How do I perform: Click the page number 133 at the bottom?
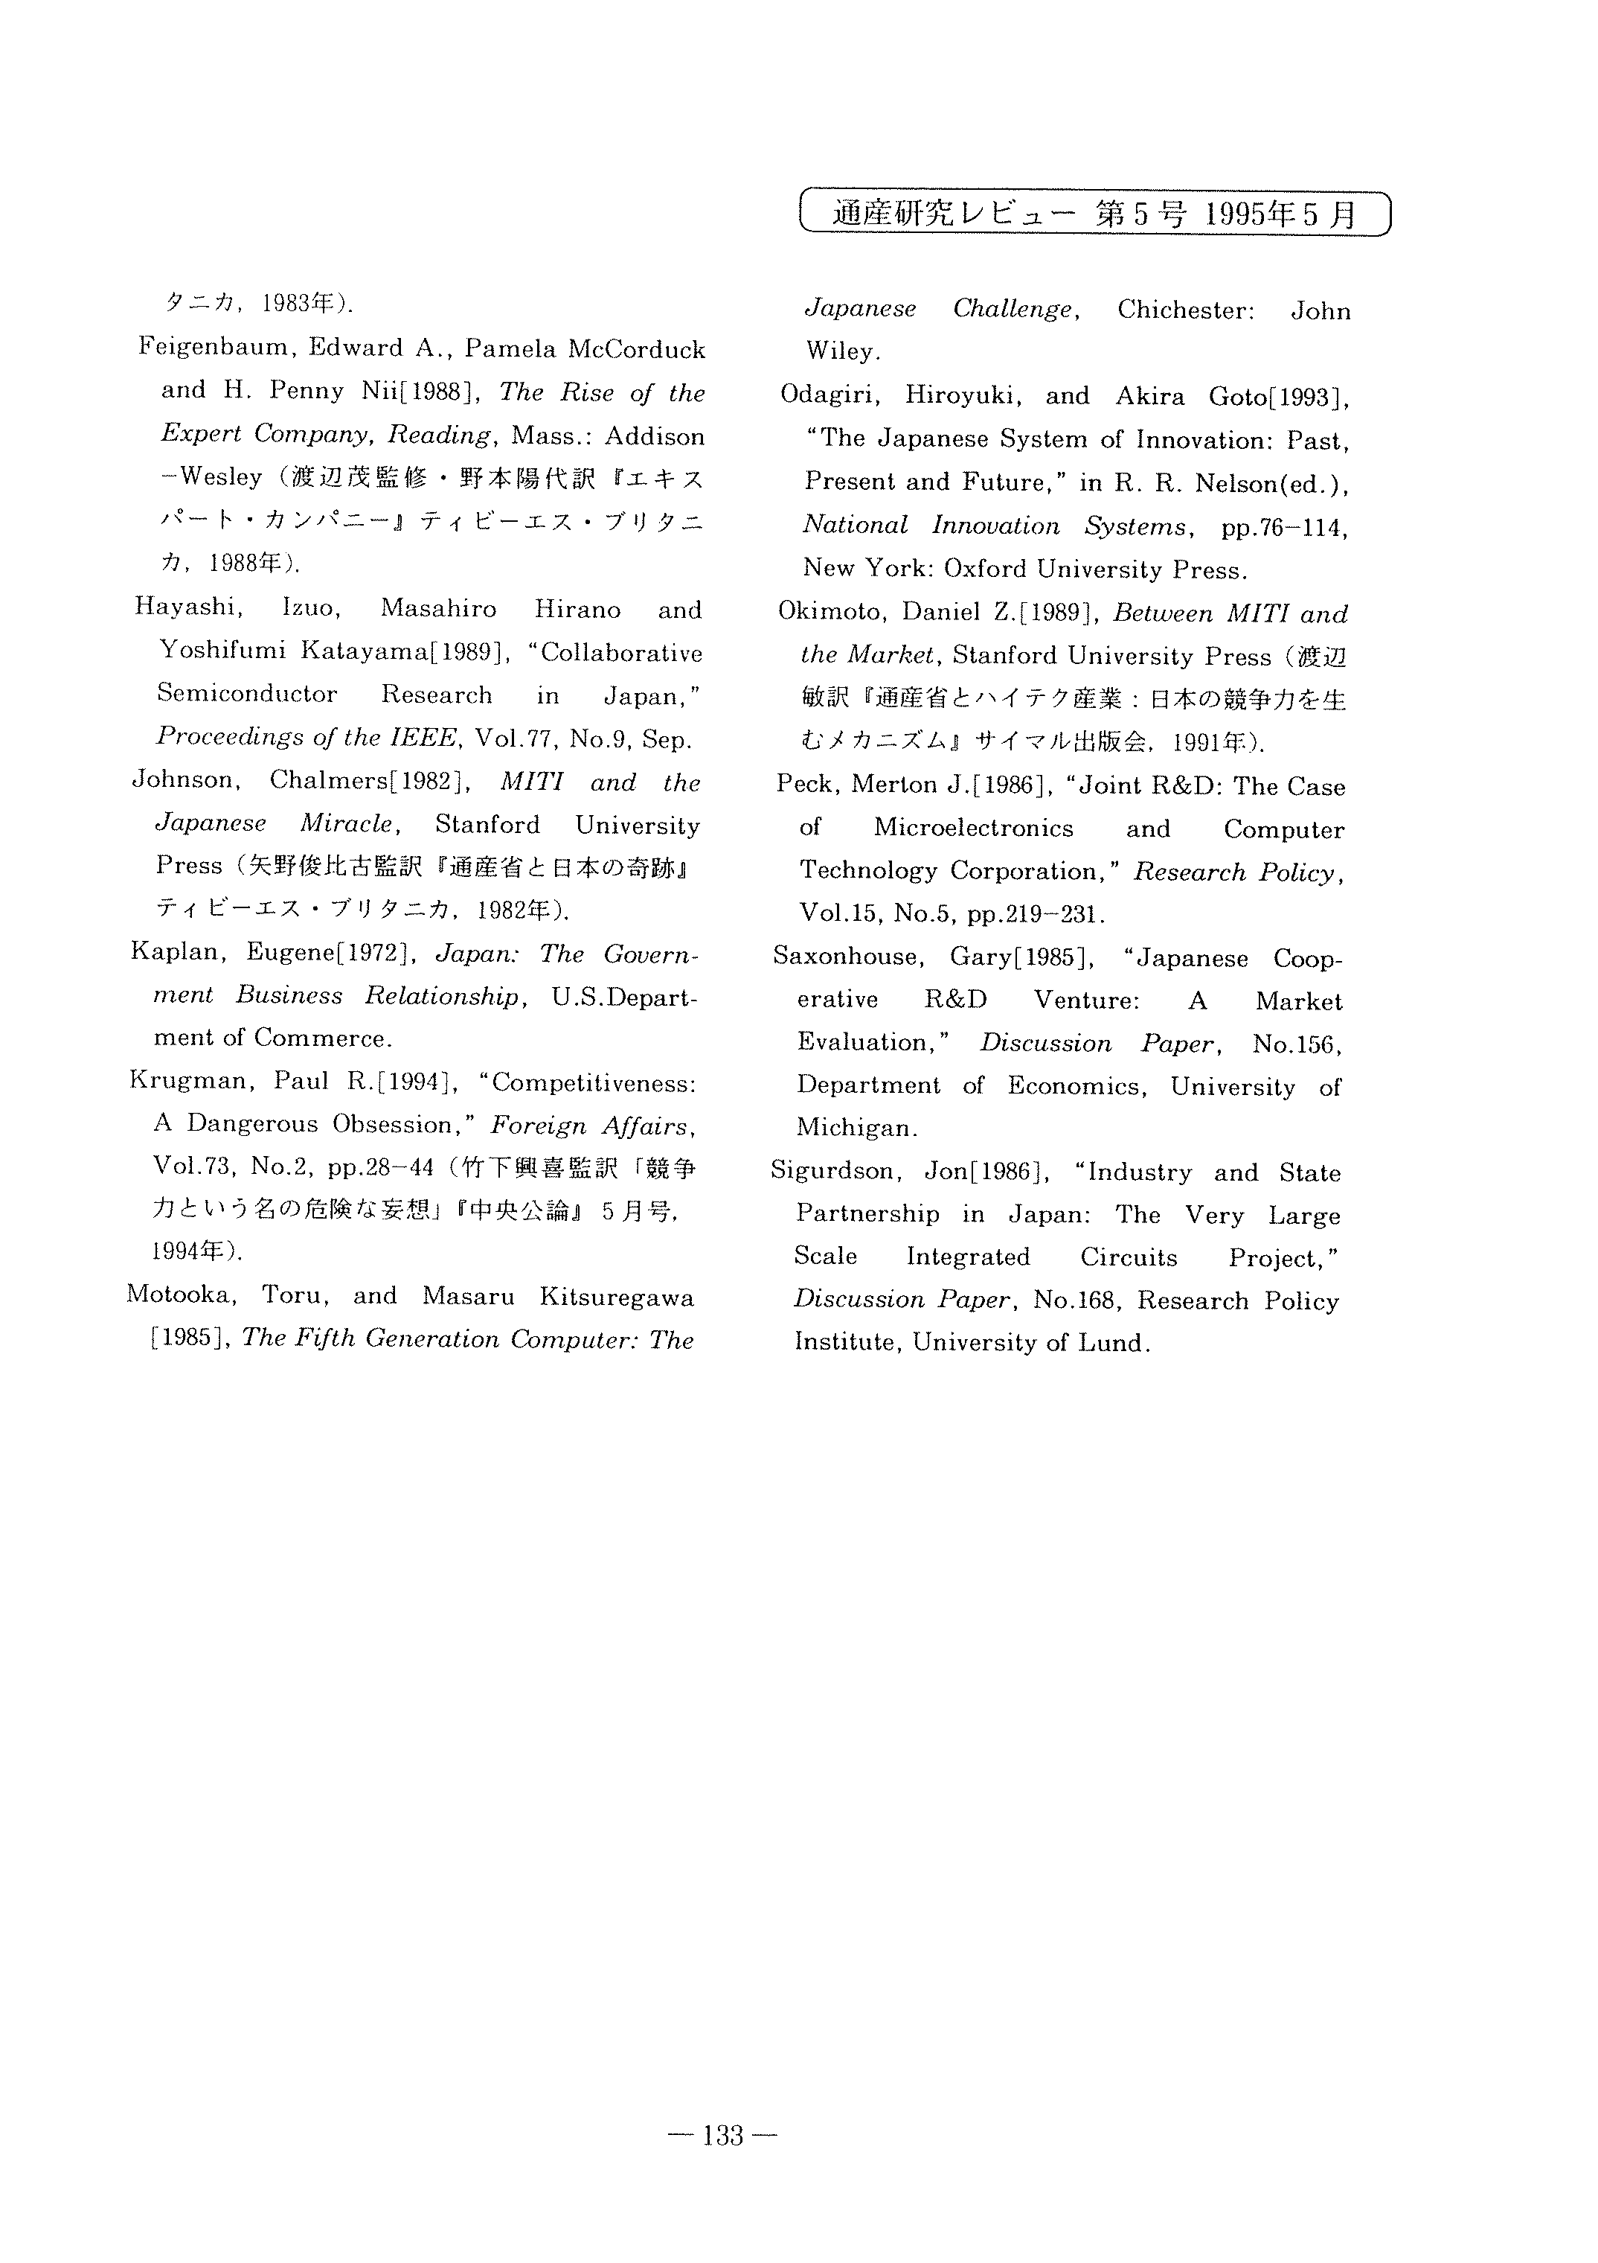pyautogui.click(x=722, y=2136)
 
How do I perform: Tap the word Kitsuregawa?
pyautogui.click(x=617, y=1297)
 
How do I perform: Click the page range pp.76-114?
pyautogui.click(x=1284, y=527)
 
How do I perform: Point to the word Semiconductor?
pyautogui.click(x=247, y=694)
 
